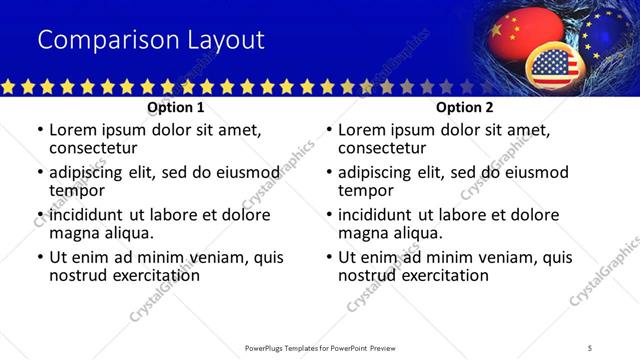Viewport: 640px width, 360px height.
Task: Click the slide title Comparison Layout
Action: pos(151,40)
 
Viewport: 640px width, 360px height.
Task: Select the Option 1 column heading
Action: pos(176,107)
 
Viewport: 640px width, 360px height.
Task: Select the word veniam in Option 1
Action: pos(204,257)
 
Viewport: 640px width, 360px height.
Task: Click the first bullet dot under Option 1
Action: pos(40,130)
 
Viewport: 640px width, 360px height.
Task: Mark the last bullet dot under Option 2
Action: pos(329,257)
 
